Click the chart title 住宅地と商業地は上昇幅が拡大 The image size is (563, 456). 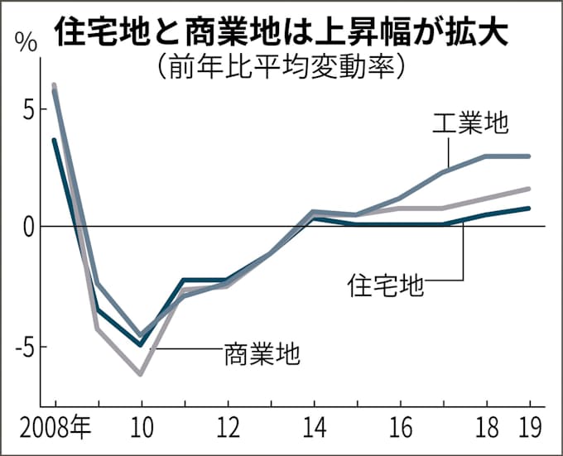coord(281,34)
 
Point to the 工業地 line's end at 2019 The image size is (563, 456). coord(529,156)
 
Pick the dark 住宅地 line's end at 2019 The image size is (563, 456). coord(529,209)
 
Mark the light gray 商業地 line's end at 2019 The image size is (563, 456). coord(529,189)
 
